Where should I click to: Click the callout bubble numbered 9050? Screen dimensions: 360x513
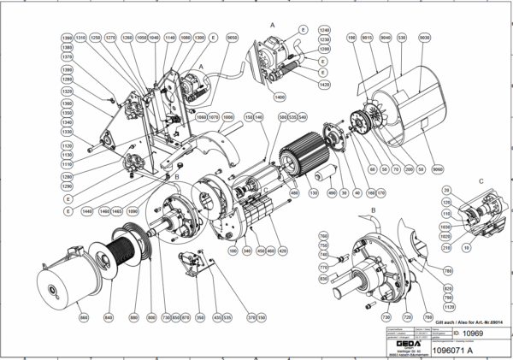click(232, 38)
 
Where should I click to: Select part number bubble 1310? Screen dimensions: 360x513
click(81, 38)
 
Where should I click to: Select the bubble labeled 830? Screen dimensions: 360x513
click(323, 278)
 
